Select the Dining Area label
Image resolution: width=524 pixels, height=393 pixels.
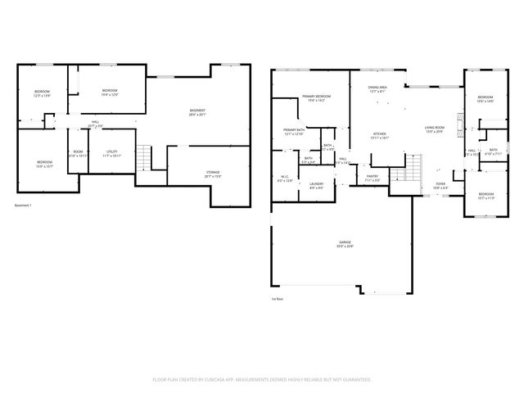(378, 89)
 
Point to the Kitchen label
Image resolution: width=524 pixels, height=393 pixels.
(380, 136)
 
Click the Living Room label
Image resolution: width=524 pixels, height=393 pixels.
(435, 129)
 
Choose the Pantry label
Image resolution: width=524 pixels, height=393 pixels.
(372, 178)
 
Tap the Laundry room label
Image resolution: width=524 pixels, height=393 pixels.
(317, 186)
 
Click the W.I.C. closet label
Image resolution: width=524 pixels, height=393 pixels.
(283, 179)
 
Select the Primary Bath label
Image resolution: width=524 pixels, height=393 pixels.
(294, 132)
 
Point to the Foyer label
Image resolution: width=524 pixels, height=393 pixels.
(440, 186)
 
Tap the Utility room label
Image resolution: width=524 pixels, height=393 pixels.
(112, 153)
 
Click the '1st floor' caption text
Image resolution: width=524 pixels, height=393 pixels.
(278, 300)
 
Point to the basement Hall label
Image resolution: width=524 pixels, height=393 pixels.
(95, 124)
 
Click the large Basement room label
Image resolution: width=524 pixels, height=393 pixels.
(197, 112)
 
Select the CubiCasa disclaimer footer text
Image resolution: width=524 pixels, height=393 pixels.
(262, 380)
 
